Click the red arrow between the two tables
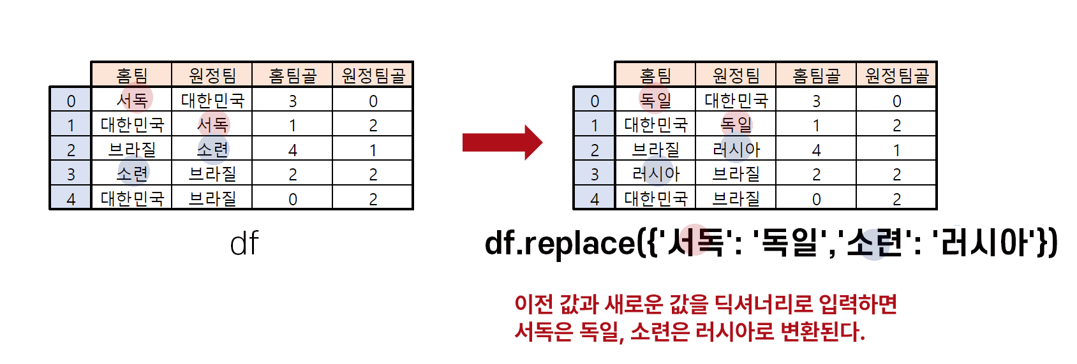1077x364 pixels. (x=501, y=142)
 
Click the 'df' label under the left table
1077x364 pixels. (x=244, y=244)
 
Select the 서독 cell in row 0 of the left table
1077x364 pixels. (x=132, y=100)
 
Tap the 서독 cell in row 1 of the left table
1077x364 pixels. (x=212, y=124)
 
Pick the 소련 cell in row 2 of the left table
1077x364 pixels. (x=212, y=149)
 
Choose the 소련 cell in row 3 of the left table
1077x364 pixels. (x=132, y=173)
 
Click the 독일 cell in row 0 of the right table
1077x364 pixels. (x=655, y=100)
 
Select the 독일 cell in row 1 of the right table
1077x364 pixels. (x=736, y=124)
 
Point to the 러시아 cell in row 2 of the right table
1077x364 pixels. (x=736, y=149)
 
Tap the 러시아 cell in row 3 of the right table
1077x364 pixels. (x=655, y=173)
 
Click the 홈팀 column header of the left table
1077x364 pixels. (x=132, y=76)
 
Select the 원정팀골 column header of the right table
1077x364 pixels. (x=896, y=76)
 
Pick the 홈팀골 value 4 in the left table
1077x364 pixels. (x=293, y=150)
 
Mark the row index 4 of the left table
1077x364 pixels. (x=71, y=199)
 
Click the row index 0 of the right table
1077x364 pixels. (x=595, y=101)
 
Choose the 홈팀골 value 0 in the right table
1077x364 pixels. (x=816, y=199)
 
